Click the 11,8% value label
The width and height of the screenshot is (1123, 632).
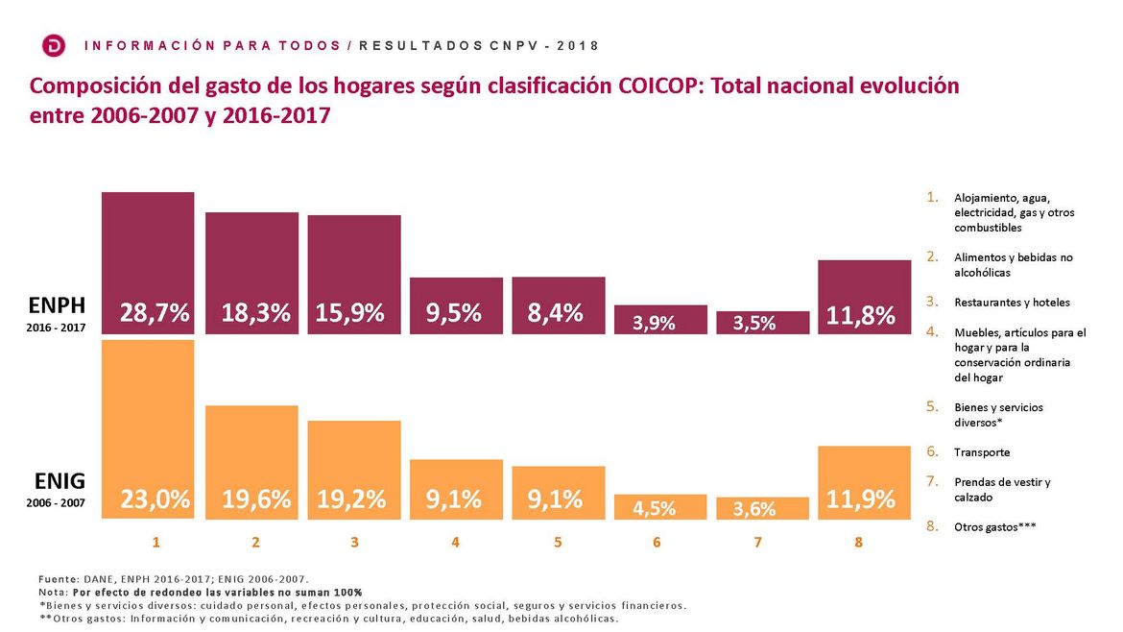(x=861, y=314)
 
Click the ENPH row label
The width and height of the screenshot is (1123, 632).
(x=58, y=305)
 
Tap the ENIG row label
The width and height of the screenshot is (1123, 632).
(x=60, y=481)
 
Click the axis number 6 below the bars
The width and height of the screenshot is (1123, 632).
(x=657, y=543)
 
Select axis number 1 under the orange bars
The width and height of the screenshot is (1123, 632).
(x=155, y=543)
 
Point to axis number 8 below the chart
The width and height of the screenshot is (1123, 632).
(x=858, y=543)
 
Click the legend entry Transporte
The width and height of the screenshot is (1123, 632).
(x=982, y=452)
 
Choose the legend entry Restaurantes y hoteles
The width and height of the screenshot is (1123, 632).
(x=1012, y=303)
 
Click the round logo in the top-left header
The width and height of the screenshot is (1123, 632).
(x=55, y=45)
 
